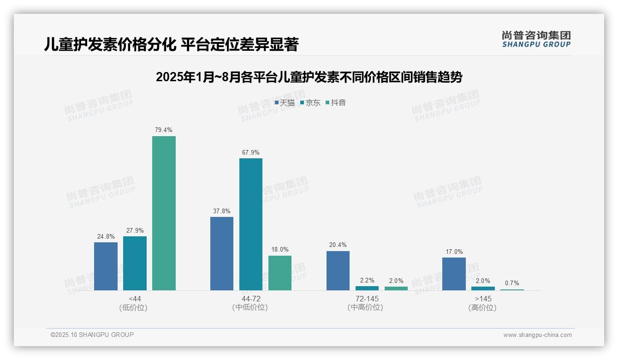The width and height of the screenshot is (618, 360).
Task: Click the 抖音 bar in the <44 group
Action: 164,213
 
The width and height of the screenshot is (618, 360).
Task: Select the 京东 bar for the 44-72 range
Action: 250,224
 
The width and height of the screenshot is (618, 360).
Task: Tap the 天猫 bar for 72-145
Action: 338,270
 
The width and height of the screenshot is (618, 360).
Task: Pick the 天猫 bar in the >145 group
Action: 454,274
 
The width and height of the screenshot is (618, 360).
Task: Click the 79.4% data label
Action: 164,130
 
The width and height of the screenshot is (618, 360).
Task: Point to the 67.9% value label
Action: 250,152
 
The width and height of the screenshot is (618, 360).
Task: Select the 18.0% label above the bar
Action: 279,250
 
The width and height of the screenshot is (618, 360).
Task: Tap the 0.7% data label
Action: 512,283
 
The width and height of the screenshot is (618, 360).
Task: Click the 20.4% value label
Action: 338,245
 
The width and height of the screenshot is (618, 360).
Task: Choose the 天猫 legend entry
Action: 285,102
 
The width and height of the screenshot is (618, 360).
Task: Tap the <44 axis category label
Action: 135,299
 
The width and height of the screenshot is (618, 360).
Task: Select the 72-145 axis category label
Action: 367,299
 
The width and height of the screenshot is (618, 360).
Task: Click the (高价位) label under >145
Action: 482,307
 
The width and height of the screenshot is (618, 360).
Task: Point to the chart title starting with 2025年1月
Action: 309,77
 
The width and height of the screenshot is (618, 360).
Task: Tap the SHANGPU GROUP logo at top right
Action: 536,39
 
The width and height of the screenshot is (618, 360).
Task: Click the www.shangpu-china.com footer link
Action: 537,335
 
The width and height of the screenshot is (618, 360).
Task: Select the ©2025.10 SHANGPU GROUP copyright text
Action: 92,335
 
